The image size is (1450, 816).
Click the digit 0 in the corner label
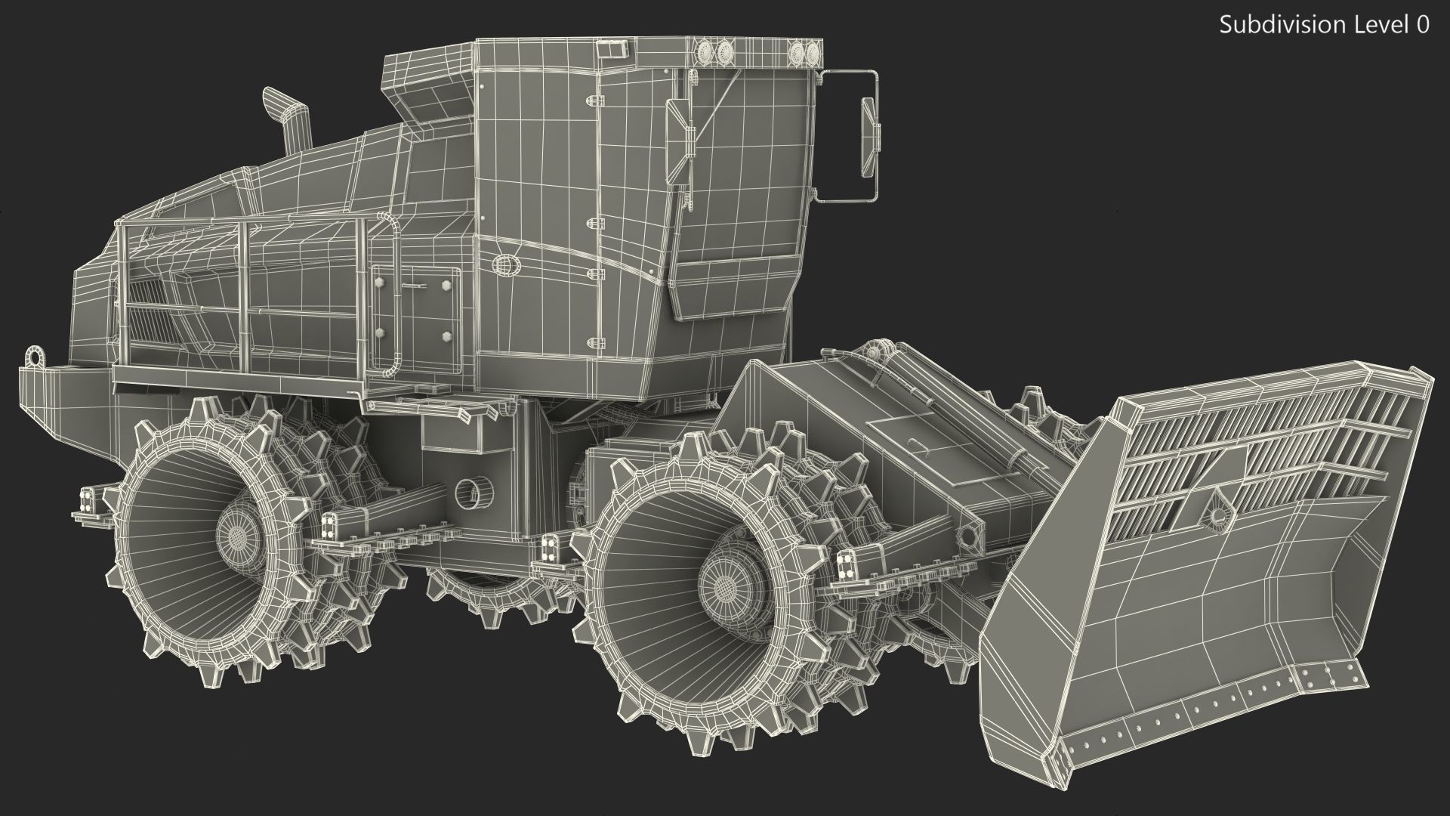click(1422, 26)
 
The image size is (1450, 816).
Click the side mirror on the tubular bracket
click(869, 136)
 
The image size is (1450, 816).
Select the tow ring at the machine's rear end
click(34, 356)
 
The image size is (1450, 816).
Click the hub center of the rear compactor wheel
click(239, 534)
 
